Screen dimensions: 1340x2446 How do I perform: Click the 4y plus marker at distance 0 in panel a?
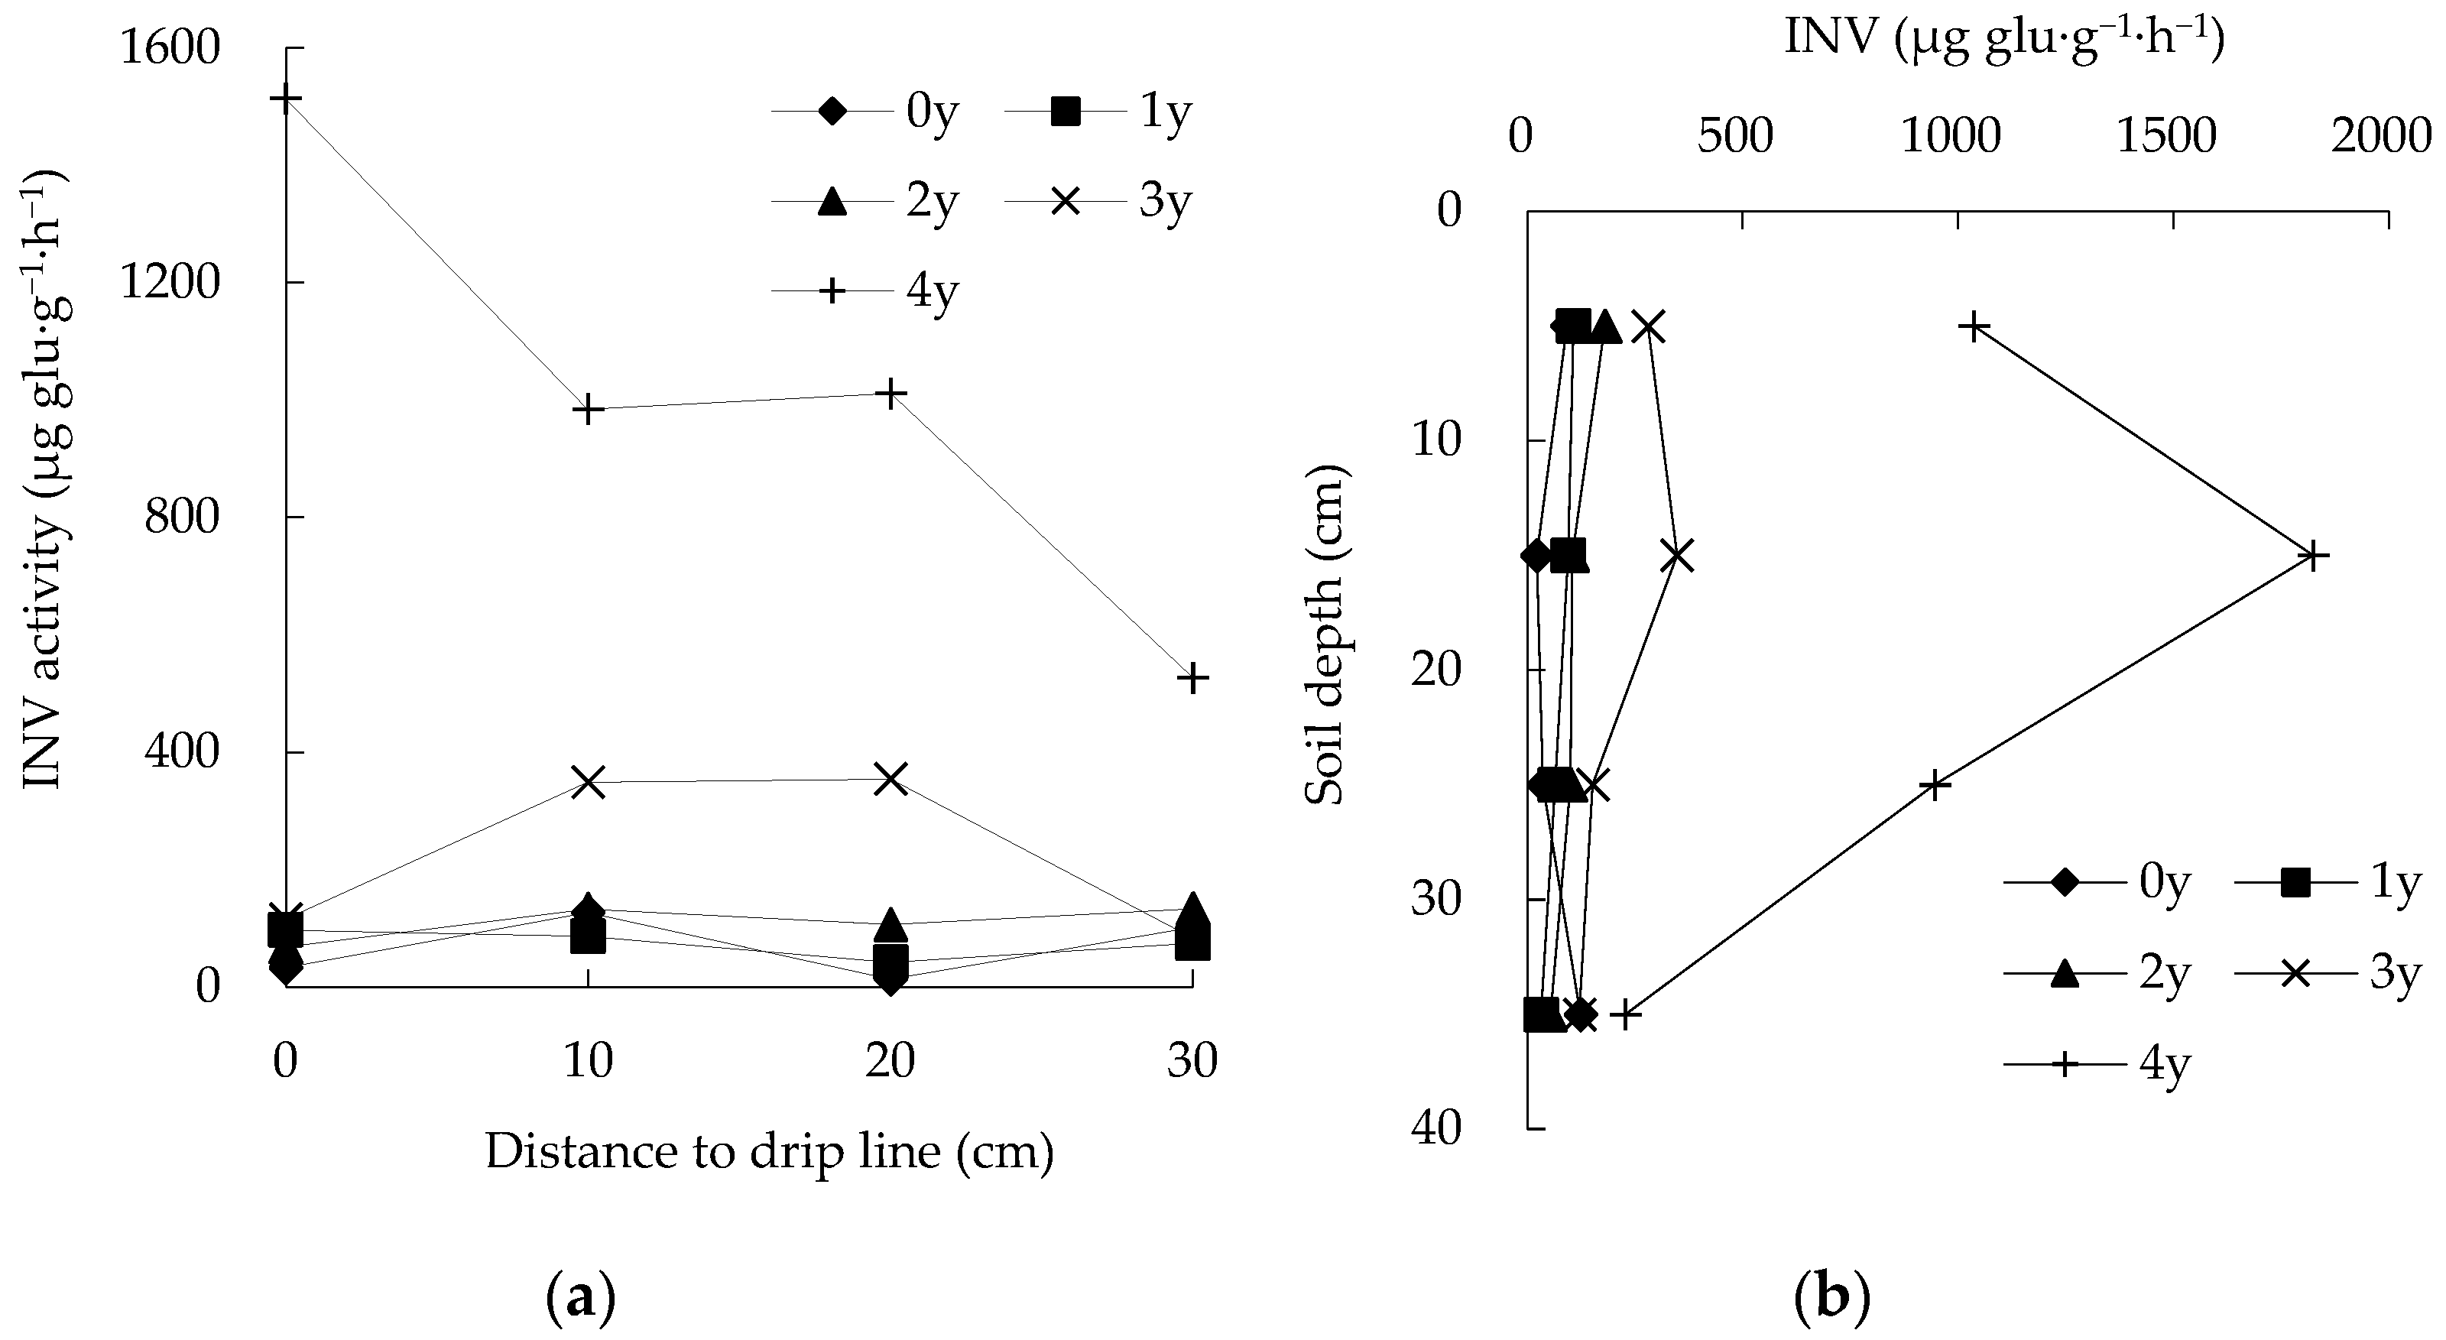point(286,99)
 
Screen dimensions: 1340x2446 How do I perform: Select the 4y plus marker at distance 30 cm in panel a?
point(1193,678)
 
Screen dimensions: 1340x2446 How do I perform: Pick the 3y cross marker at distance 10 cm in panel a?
point(589,783)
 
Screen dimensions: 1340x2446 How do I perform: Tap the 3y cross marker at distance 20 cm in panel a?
point(890,779)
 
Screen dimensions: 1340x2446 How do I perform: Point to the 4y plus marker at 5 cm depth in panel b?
point(1974,326)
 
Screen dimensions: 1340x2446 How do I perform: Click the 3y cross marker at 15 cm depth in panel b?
point(1678,556)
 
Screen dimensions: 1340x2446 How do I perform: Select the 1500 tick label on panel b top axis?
point(2167,138)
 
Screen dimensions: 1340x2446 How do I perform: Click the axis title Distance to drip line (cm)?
point(769,1152)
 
